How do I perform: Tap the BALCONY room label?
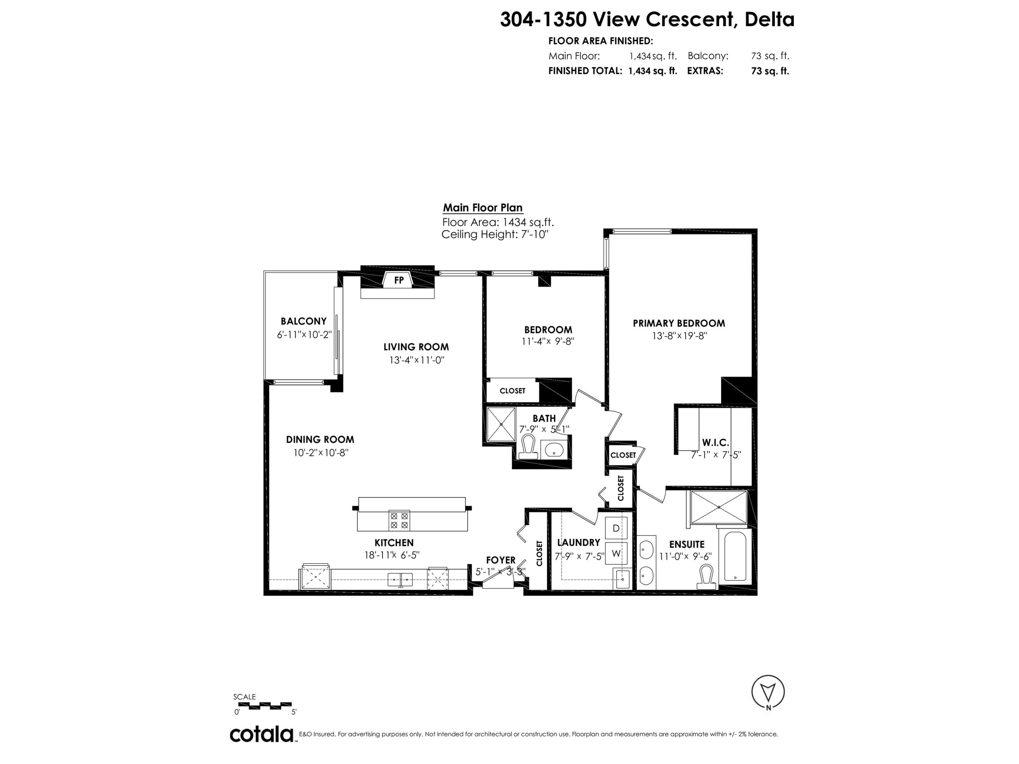coord(304,321)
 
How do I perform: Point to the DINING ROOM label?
coord(320,440)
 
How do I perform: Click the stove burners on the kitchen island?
coord(399,520)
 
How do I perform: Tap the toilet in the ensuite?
coord(706,577)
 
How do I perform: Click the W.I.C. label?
coord(715,442)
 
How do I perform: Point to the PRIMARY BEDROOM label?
coord(679,323)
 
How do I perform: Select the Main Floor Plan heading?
coord(483,208)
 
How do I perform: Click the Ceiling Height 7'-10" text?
coord(495,234)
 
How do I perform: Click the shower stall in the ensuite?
coord(719,507)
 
